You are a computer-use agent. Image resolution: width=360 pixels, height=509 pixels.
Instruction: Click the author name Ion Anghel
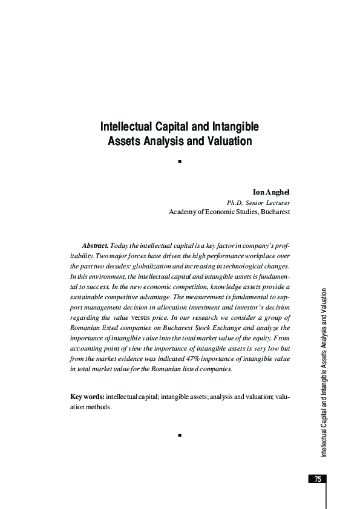click(x=271, y=192)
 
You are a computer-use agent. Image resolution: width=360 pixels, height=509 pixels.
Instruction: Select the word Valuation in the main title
click(x=226, y=143)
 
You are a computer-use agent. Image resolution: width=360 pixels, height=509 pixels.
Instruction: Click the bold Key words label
click(x=88, y=397)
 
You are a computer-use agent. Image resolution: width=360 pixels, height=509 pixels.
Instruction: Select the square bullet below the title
click(x=180, y=161)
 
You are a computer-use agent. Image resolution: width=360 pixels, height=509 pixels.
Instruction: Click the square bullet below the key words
click(x=180, y=435)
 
